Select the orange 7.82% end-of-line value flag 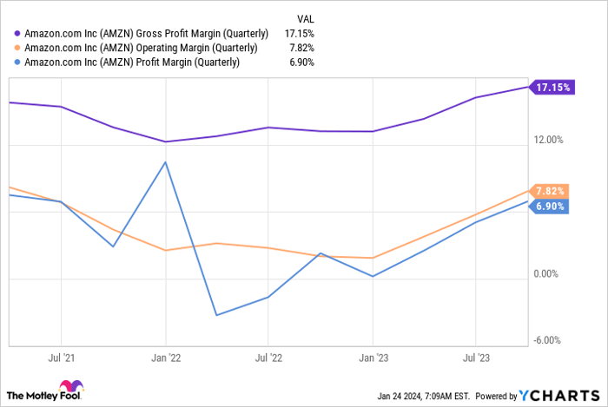551,191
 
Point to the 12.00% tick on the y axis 549,140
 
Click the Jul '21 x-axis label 60,357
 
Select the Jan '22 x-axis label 165,357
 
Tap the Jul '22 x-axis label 268,357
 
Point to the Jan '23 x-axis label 373,357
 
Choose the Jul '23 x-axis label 476,357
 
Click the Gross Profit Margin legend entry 143,33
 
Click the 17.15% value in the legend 300,33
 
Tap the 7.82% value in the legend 301,47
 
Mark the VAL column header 306,16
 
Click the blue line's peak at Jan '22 165,162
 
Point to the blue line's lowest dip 216,315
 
